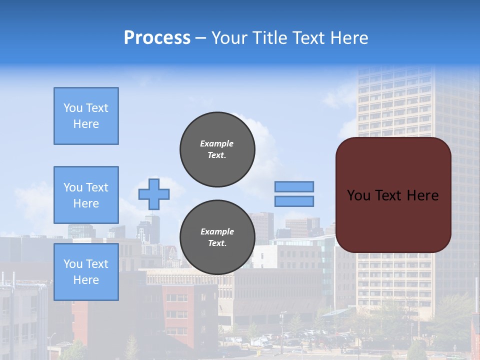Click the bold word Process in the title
(x=157, y=38)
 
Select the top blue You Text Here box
(x=86, y=116)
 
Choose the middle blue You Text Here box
(x=86, y=195)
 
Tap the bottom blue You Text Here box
(x=86, y=272)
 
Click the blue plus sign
(x=154, y=194)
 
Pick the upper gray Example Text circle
(x=217, y=149)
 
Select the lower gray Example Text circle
(x=217, y=237)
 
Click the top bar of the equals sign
(x=294, y=186)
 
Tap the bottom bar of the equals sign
(x=294, y=201)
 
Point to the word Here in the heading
(x=350, y=38)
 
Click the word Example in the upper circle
(x=217, y=143)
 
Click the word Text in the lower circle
(x=217, y=243)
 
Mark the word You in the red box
(x=358, y=195)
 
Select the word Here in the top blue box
(x=86, y=124)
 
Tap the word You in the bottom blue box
(x=72, y=264)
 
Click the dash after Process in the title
(x=201, y=38)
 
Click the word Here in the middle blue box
(x=86, y=203)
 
